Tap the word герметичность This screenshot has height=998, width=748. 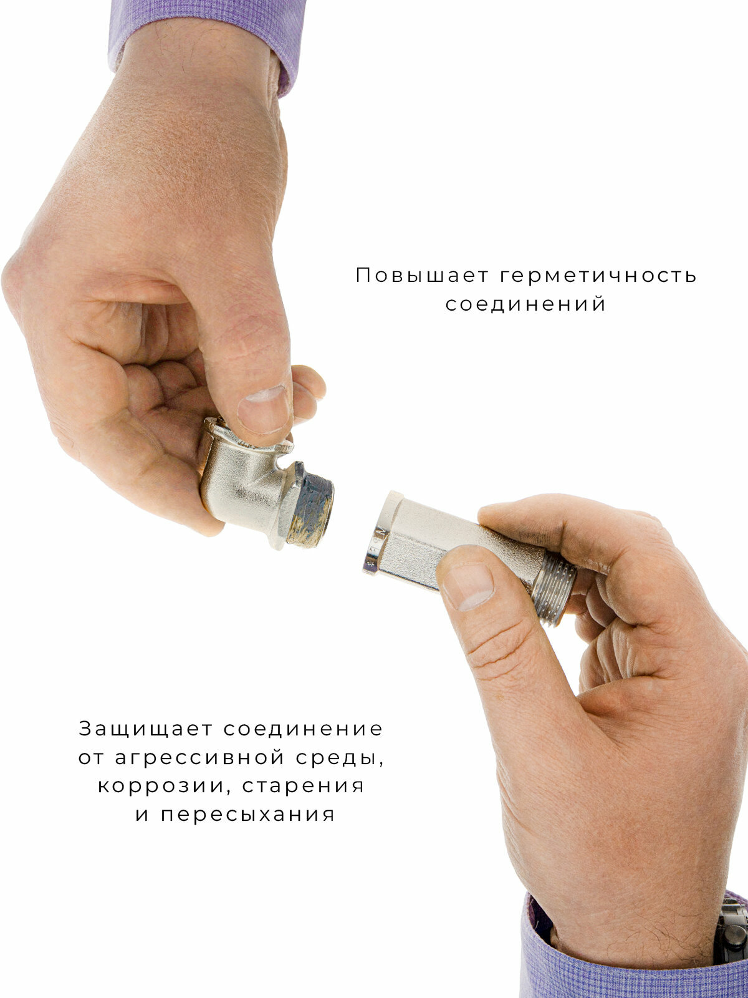[598, 275]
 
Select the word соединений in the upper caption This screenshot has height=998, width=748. [525, 304]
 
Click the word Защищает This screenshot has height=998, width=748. [146, 729]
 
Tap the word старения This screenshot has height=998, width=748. [303, 785]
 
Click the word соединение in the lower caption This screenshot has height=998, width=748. [303, 729]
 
